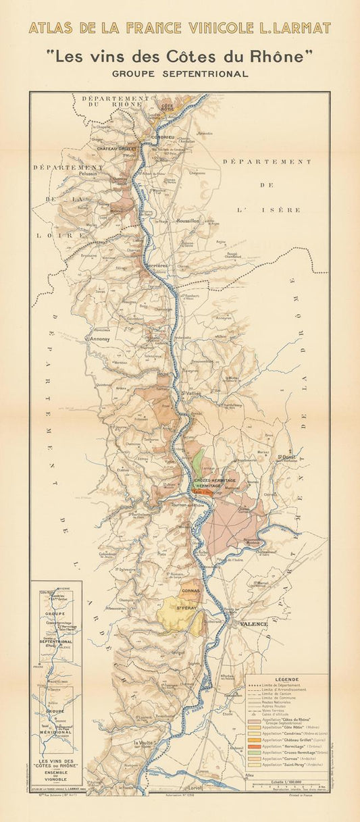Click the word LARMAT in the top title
300,28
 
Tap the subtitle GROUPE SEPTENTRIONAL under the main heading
180,74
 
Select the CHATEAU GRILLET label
116,148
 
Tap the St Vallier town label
192,392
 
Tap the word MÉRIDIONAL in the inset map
55,713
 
